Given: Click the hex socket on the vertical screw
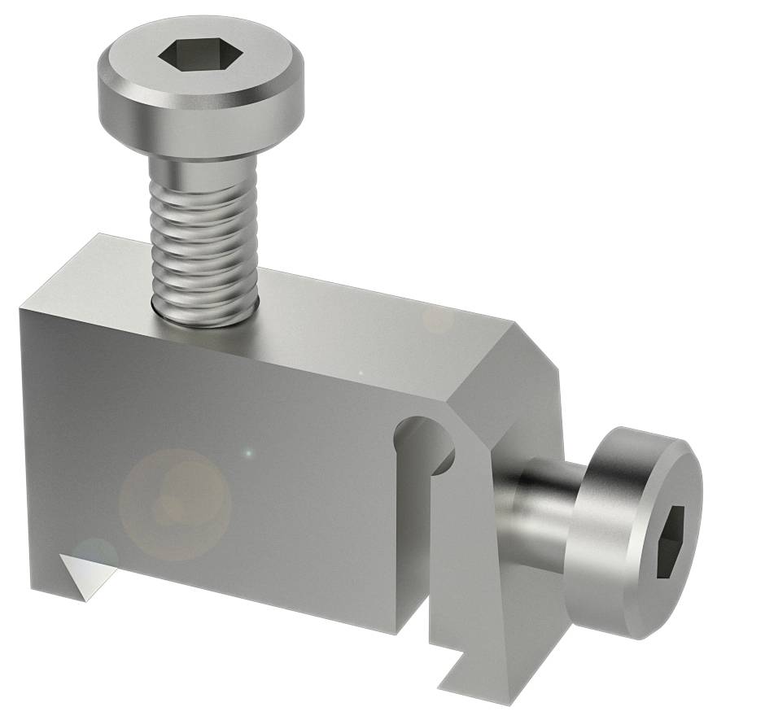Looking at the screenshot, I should point(186,57).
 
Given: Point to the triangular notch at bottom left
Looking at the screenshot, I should point(85,569).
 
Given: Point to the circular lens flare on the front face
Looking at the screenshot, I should point(175,504).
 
